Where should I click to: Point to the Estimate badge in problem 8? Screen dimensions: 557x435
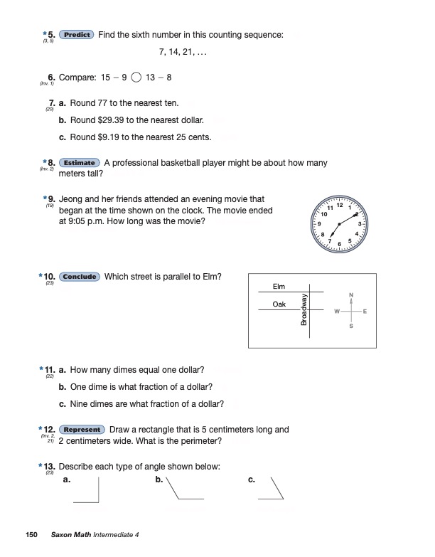click(x=79, y=163)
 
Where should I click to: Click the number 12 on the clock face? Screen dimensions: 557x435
click(x=340, y=205)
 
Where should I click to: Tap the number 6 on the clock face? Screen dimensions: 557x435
click(x=339, y=244)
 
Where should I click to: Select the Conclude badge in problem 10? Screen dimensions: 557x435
click(x=80, y=277)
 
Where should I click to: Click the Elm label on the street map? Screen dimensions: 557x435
click(x=279, y=287)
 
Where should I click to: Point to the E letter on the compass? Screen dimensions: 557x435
click(x=365, y=312)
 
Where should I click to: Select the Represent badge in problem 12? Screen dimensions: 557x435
click(x=82, y=430)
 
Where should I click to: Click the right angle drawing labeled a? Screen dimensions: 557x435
click(x=86, y=491)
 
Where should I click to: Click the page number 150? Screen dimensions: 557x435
click(x=31, y=534)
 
